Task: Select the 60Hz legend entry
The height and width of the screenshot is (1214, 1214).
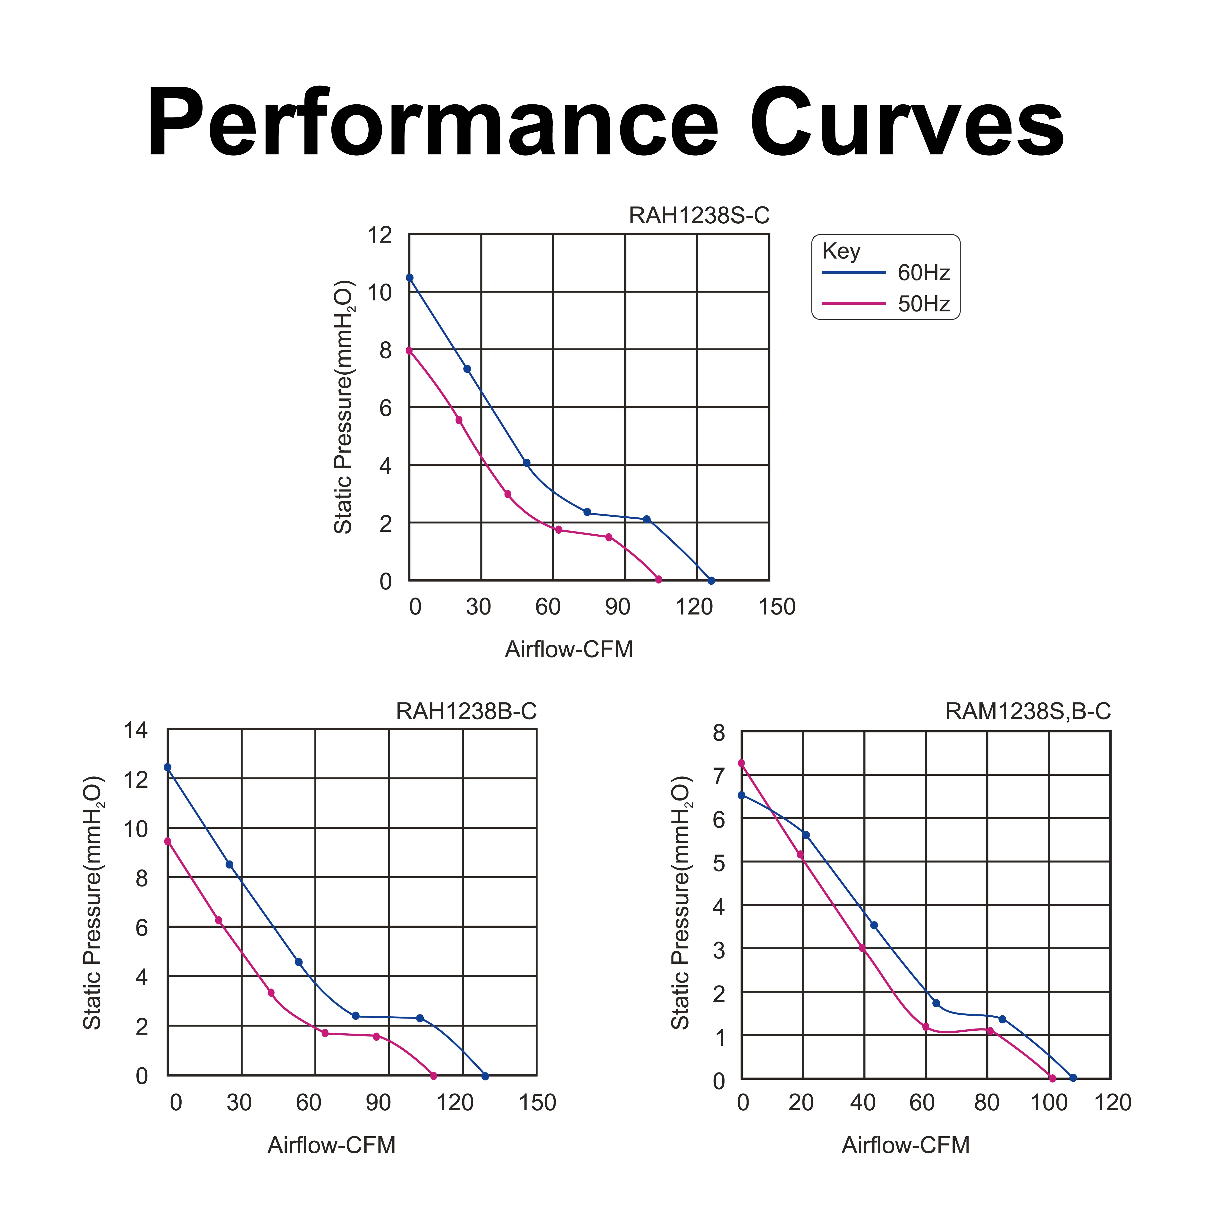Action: coord(886,273)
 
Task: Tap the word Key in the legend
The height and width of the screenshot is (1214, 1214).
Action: coord(841,251)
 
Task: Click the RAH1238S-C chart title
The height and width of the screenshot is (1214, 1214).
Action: coord(699,216)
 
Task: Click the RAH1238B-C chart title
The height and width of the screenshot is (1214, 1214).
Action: coord(466,711)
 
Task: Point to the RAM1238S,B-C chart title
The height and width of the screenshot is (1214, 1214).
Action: coord(1028,711)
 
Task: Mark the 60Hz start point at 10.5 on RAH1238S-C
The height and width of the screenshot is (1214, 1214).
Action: coord(410,278)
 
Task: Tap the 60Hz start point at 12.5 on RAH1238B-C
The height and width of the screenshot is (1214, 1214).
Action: coord(167,767)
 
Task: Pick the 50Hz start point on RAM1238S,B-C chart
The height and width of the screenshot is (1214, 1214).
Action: coord(742,763)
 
